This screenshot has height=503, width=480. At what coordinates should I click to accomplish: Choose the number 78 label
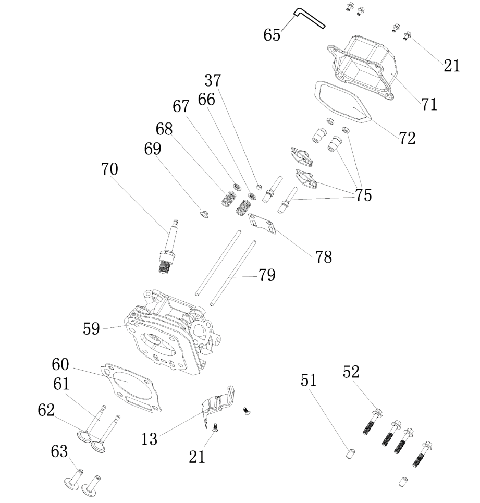tap(323, 256)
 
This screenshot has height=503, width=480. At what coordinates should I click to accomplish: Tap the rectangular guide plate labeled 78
tap(265, 221)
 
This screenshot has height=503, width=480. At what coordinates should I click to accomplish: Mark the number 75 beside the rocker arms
tap(363, 195)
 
